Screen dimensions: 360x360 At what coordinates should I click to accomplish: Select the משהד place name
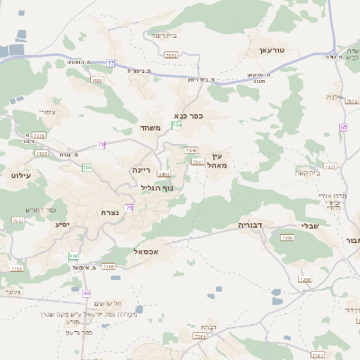pyautogui.click(x=150, y=128)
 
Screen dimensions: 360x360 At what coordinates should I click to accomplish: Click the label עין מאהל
pyautogui.click(x=212, y=160)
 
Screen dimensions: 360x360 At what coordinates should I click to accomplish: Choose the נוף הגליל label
pyautogui.click(x=156, y=187)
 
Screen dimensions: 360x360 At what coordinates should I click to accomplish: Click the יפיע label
pyautogui.click(x=62, y=223)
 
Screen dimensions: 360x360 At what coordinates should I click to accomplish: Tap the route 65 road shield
pyautogui.click(x=345, y=127)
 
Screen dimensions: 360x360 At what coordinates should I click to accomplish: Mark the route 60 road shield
pyautogui.click(x=86, y=293)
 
